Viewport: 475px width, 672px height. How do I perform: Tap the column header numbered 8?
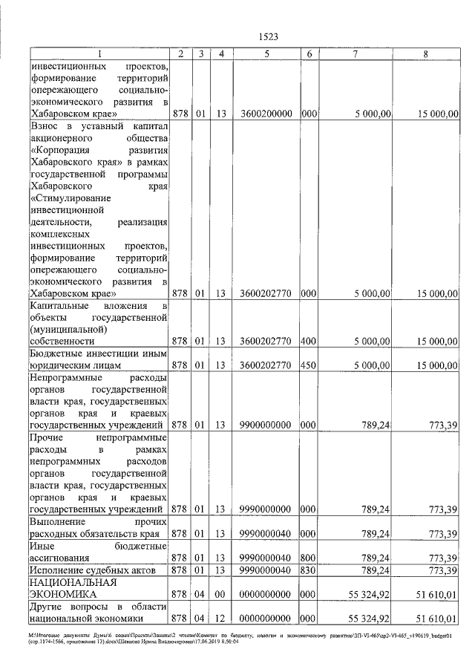pyautogui.click(x=425, y=53)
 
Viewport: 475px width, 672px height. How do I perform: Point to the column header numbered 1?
pyautogui.click(x=99, y=53)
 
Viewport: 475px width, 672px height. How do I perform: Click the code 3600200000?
pyautogui.click(x=266, y=114)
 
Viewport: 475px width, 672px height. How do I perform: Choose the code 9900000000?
pyautogui.click(x=266, y=425)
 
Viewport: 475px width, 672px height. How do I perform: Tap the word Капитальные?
pyautogui.click(x=59, y=305)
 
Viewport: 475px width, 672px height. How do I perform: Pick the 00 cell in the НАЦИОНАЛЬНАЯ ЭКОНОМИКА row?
pyautogui.click(x=220, y=594)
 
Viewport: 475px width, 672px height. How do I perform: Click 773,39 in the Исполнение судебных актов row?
pyautogui.click(x=441, y=570)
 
